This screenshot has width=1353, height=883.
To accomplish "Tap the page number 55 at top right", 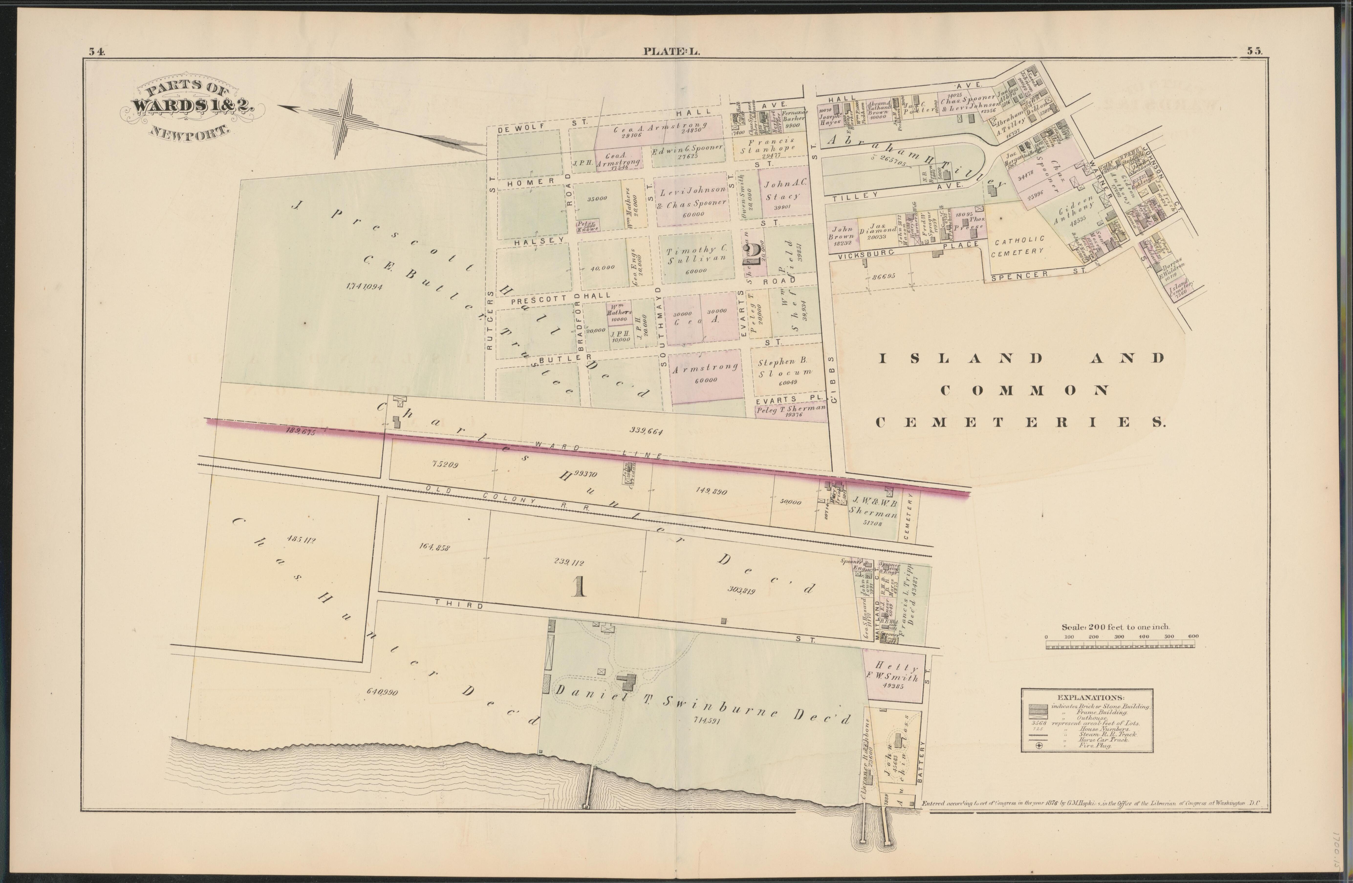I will (x=1255, y=50).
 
